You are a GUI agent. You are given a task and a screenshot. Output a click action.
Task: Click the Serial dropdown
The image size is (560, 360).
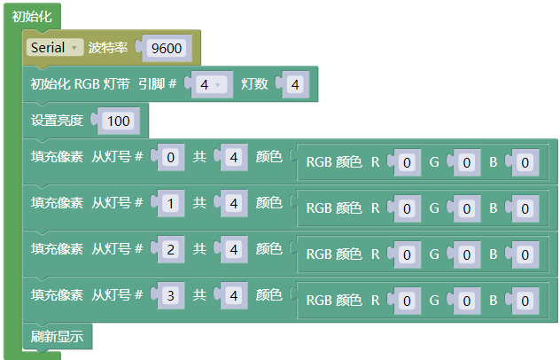click(55, 47)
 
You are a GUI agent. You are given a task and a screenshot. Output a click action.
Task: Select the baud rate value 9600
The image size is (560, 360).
click(167, 48)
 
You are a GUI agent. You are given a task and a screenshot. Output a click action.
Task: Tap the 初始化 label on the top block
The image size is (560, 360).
click(31, 17)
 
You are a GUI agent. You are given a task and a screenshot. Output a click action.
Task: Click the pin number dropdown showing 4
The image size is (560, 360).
click(209, 84)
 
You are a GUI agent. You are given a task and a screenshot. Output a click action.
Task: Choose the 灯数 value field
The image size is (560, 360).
click(295, 84)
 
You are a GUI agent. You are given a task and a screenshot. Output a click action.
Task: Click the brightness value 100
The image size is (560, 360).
click(118, 121)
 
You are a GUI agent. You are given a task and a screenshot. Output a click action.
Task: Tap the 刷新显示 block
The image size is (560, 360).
click(57, 336)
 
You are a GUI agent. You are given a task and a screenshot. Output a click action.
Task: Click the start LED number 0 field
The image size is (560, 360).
click(171, 157)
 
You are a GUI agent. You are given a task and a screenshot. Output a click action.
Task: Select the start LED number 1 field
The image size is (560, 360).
click(171, 203)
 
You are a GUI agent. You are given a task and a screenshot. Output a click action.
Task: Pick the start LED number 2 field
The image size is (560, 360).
click(171, 249)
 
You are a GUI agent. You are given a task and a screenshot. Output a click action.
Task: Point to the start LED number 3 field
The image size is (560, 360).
click(171, 295)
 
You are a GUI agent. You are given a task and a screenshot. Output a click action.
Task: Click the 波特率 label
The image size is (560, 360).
click(108, 48)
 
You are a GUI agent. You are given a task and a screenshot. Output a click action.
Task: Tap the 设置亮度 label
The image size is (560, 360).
click(57, 121)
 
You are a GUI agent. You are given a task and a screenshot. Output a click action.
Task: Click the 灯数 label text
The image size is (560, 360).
click(254, 84)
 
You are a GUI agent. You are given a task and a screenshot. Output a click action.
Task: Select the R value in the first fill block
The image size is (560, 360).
click(407, 162)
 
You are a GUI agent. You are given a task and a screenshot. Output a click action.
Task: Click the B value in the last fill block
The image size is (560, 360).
click(525, 301)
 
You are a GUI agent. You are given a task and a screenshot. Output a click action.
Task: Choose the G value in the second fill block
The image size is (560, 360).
click(466, 208)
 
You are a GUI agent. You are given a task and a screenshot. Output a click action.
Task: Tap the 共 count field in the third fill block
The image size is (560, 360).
click(234, 249)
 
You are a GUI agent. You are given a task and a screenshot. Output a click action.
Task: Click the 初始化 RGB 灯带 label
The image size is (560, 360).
click(80, 84)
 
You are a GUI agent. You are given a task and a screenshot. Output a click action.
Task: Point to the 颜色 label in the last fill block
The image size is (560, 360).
click(269, 295)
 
